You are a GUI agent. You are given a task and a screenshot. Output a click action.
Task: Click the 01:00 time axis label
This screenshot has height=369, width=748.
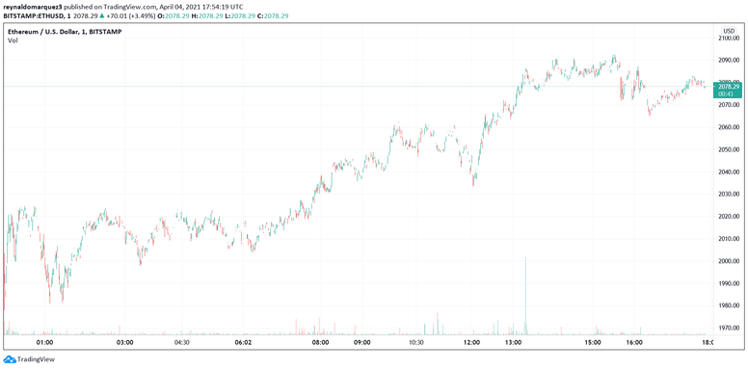pyautogui.click(x=43, y=342)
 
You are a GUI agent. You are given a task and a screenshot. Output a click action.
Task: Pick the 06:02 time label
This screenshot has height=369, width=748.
pyautogui.click(x=243, y=342)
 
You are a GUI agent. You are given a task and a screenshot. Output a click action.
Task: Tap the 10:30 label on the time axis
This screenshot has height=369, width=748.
pyautogui.click(x=416, y=342)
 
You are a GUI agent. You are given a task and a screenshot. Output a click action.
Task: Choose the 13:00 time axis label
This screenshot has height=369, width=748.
pyautogui.click(x=514, y=342)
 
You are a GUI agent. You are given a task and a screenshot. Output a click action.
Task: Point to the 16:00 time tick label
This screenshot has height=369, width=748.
pyautogui.click(x=634, y=342)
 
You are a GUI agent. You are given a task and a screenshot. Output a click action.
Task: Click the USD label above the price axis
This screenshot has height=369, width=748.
pyautogui.click(x=728, y=32)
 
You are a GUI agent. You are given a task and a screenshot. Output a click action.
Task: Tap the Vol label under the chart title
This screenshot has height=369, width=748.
pyautogui.click(x=13, y=40)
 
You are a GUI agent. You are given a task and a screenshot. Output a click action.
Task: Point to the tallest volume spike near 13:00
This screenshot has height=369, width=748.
pyautogui.click(x=525, y=289)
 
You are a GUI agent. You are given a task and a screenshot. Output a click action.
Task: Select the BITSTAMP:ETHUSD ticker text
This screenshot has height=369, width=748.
pyautogui.click(x=35, y=16)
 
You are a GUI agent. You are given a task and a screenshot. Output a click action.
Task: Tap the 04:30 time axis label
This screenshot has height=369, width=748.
pyautogui.click(x=181, y=342)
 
